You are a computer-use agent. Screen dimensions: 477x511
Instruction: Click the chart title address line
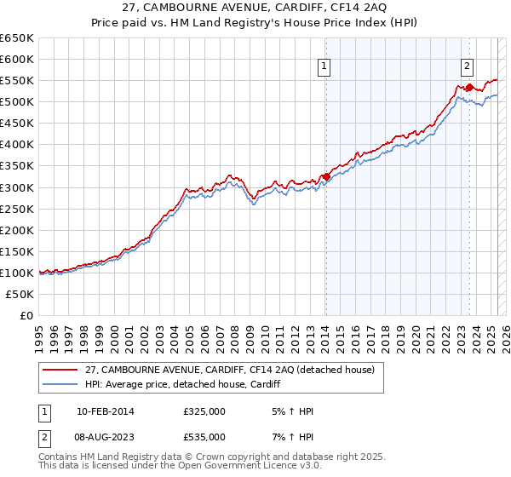point(256,9)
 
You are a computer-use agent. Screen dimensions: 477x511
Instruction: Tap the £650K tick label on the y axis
point(17,38)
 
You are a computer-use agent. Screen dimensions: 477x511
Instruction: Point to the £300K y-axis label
point(17,187)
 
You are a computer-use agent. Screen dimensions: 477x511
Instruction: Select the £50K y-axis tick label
point(20,294)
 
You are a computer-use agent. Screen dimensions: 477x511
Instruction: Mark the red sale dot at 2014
point(326,176)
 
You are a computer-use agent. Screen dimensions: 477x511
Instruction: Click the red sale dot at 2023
point(469,87)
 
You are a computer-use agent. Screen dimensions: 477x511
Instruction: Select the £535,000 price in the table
point(204,437)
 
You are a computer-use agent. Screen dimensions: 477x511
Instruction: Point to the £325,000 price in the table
point(204,412)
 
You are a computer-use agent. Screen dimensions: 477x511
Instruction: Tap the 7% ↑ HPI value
point(290,437)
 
